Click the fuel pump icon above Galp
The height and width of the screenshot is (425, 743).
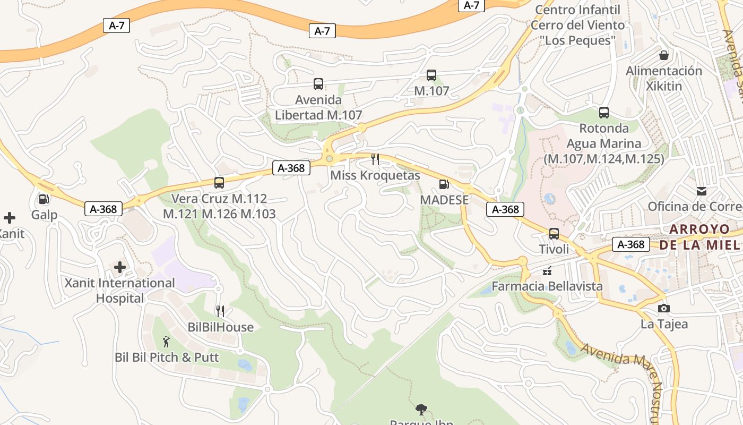click(44, 199)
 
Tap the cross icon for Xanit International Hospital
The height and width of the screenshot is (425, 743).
click(120, 267)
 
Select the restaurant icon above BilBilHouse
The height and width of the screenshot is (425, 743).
click(220, 311)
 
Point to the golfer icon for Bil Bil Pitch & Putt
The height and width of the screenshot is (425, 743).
click(166, 342)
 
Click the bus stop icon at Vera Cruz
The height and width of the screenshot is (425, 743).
click(219, 183)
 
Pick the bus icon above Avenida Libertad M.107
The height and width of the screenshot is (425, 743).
click(318, 84)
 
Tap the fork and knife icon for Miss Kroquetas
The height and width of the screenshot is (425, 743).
click(375, 159)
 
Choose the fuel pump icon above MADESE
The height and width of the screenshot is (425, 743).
click(444, 184)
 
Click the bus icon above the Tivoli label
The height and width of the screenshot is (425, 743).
click(554, 234)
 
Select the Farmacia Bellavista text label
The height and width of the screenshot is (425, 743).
click(547, 286)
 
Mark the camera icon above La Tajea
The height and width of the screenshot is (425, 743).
click(663, 309)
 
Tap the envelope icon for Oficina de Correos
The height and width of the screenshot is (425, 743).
click(702, 191)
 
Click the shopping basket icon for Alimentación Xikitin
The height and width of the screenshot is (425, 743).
click(663, 55)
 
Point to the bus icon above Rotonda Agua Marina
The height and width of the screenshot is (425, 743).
click(603, 113)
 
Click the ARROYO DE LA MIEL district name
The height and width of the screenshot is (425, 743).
click(699, 237)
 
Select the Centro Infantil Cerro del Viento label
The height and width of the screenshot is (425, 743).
click(577, 25)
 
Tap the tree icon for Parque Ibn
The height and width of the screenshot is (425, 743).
click(421, 409)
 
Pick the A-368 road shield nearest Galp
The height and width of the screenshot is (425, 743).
click(103, 209)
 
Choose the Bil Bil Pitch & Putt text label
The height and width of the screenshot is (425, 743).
click(167, 358)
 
